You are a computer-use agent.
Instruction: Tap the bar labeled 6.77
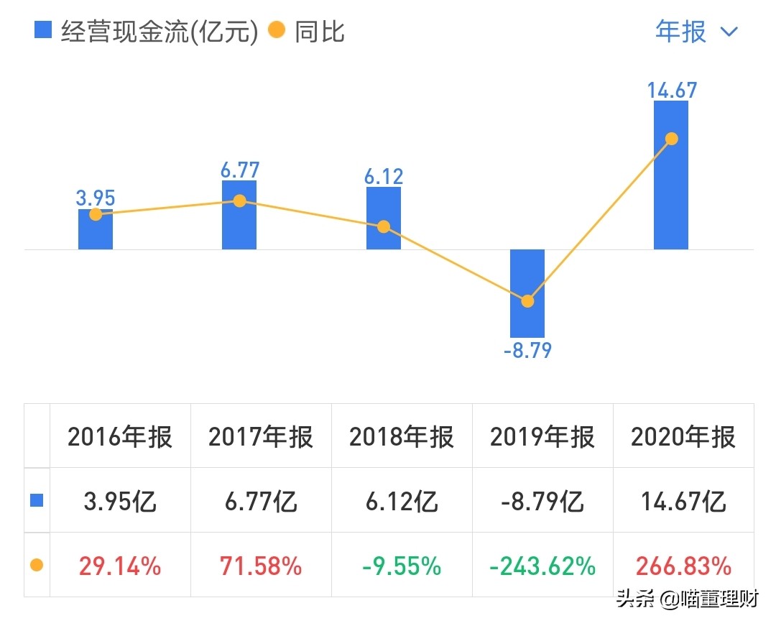[239, 223]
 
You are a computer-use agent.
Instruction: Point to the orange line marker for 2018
[384, 226]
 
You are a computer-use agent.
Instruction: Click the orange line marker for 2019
[527, 301]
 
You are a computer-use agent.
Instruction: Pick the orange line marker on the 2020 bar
[672, 139]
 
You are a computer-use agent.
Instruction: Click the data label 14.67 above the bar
[671, 90]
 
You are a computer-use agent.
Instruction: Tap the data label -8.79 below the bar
[527, 351]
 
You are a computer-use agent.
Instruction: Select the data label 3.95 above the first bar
[96, 198]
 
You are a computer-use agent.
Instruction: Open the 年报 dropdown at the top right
[696, 32]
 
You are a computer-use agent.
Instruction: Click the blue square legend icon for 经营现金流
[43, 31]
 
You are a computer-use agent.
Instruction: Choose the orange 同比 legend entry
[307, 32]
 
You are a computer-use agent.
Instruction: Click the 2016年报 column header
[120, 436]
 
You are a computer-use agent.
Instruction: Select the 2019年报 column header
[542, 436]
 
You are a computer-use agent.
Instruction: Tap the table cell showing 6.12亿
[402, 501]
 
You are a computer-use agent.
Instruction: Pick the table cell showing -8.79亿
[542, 501]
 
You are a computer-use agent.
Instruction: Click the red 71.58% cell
[262, 566]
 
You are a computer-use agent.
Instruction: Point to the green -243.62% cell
[542, 566]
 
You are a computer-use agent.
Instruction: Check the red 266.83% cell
[683, 566]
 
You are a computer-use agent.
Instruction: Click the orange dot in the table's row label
[37, 566]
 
